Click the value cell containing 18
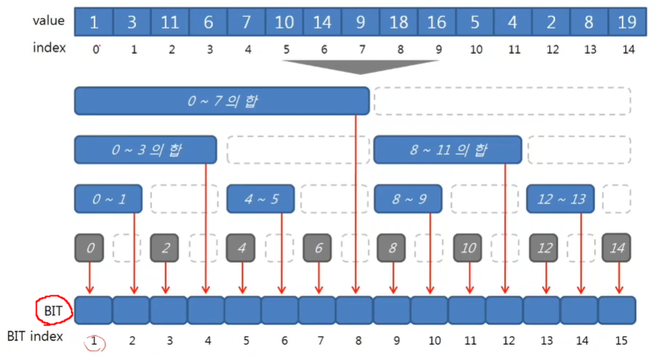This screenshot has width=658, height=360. coord(398,22)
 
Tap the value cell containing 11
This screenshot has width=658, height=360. coord(170,22)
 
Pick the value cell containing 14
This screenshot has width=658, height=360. coord(322,22)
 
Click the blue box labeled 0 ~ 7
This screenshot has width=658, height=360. coord(221,101)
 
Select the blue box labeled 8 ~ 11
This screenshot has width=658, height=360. coord(448,151)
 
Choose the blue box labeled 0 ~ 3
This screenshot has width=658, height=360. coord(146,151)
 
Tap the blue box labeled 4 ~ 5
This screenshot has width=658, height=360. coord(261,198)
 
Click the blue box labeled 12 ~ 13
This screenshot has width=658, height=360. coord(560,198)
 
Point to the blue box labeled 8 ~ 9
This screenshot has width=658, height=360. coord(409,198)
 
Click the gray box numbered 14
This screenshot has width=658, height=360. coord(618,248)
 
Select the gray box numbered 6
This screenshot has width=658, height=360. coord(318,248)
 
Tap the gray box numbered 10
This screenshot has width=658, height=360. coord(469,248)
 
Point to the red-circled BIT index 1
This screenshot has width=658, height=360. coord(95,342)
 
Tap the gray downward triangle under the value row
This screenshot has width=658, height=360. coord(360,66)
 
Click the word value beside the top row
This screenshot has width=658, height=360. coord(49,21)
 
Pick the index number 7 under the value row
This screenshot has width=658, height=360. coord(360,49)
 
